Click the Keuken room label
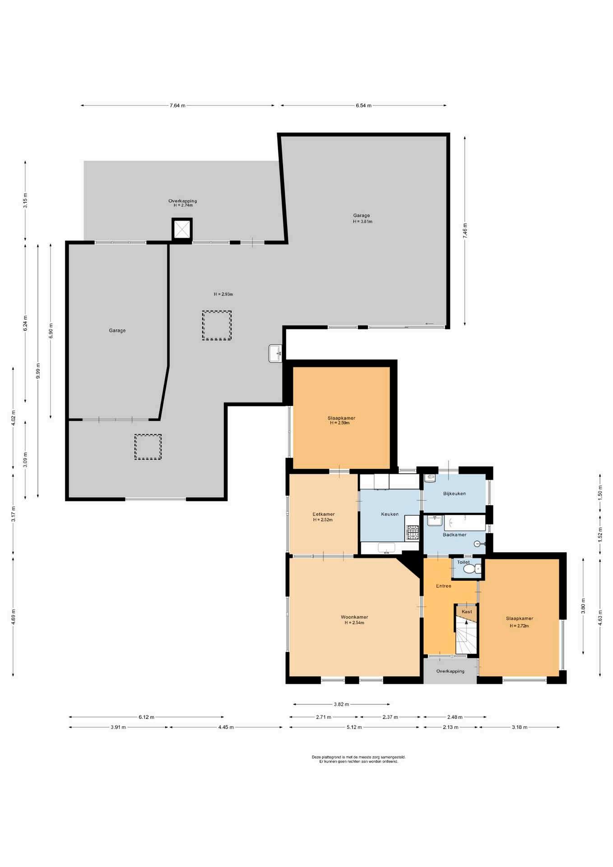[390, 514]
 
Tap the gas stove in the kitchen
[413, 532]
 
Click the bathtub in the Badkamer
[464, 523]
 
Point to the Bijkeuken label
[454, 494]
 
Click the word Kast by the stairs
[467, 612]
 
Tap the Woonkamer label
[354, 617]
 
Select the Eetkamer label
[324, 514]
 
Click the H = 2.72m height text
[519, 626]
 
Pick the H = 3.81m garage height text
[362, 221]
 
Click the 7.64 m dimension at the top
[177, 106]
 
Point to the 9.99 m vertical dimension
[38, 371]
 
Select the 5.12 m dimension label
[354, 727]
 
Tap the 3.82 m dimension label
[341, 704]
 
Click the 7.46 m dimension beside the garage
[465, 230]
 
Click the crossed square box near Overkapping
[182, 229]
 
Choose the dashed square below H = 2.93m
[217, 325]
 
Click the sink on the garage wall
[275, 353]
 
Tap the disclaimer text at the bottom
[358, 759]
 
